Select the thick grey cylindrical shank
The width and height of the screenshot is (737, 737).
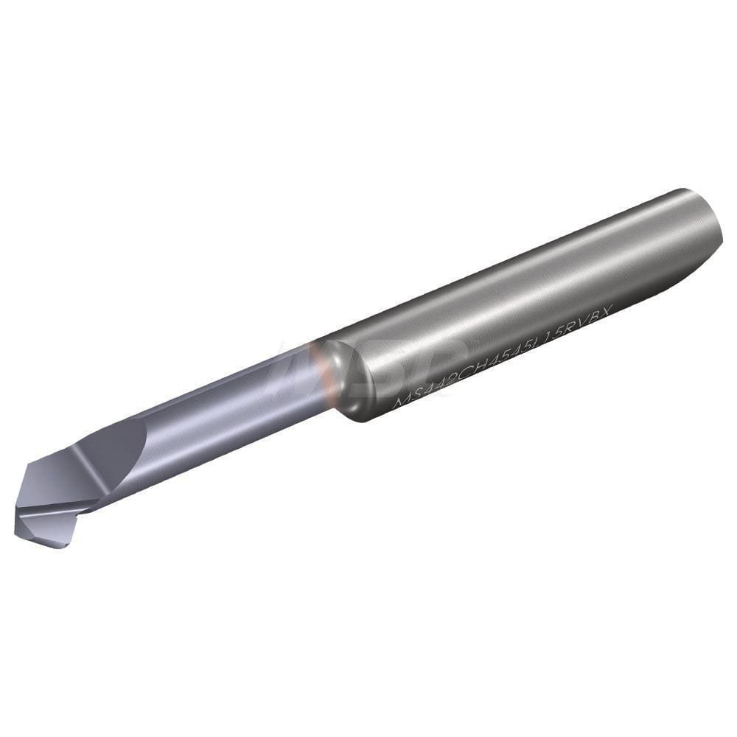[531, 295]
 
